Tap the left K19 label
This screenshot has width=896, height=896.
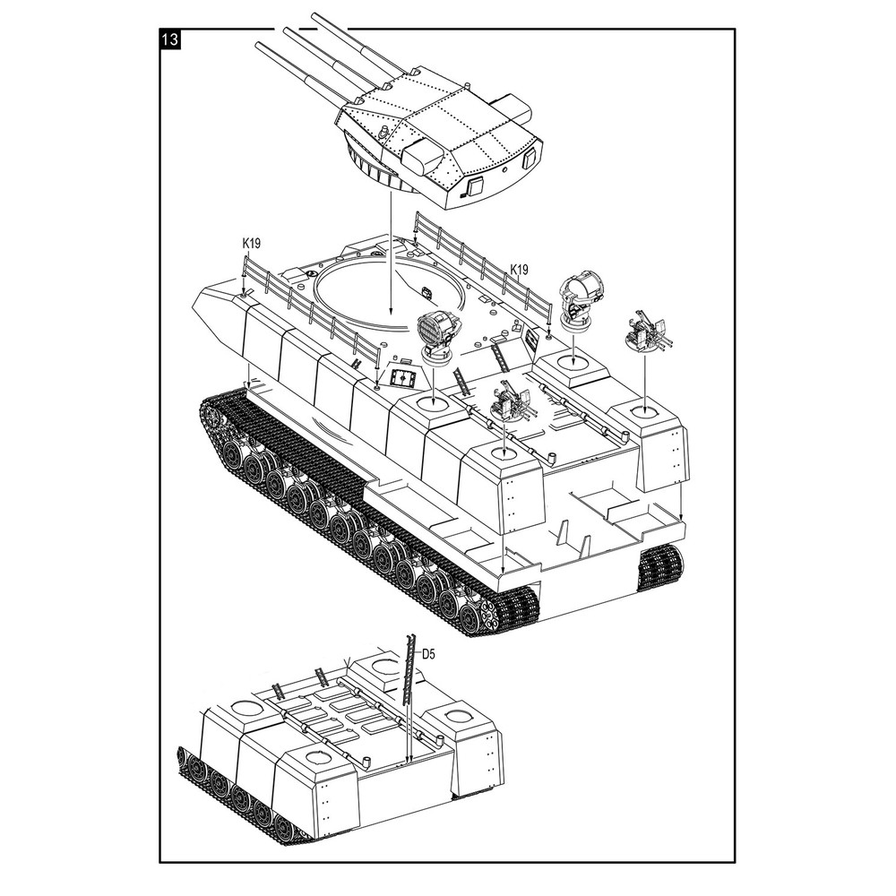(x=251, y=243)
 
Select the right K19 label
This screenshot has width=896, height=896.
(x=519, y=269)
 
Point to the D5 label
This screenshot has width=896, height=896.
(x=428, y=654)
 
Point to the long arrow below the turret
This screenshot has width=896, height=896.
(x=391, y=254)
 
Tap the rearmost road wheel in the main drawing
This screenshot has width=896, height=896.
(x=470, y=617)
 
